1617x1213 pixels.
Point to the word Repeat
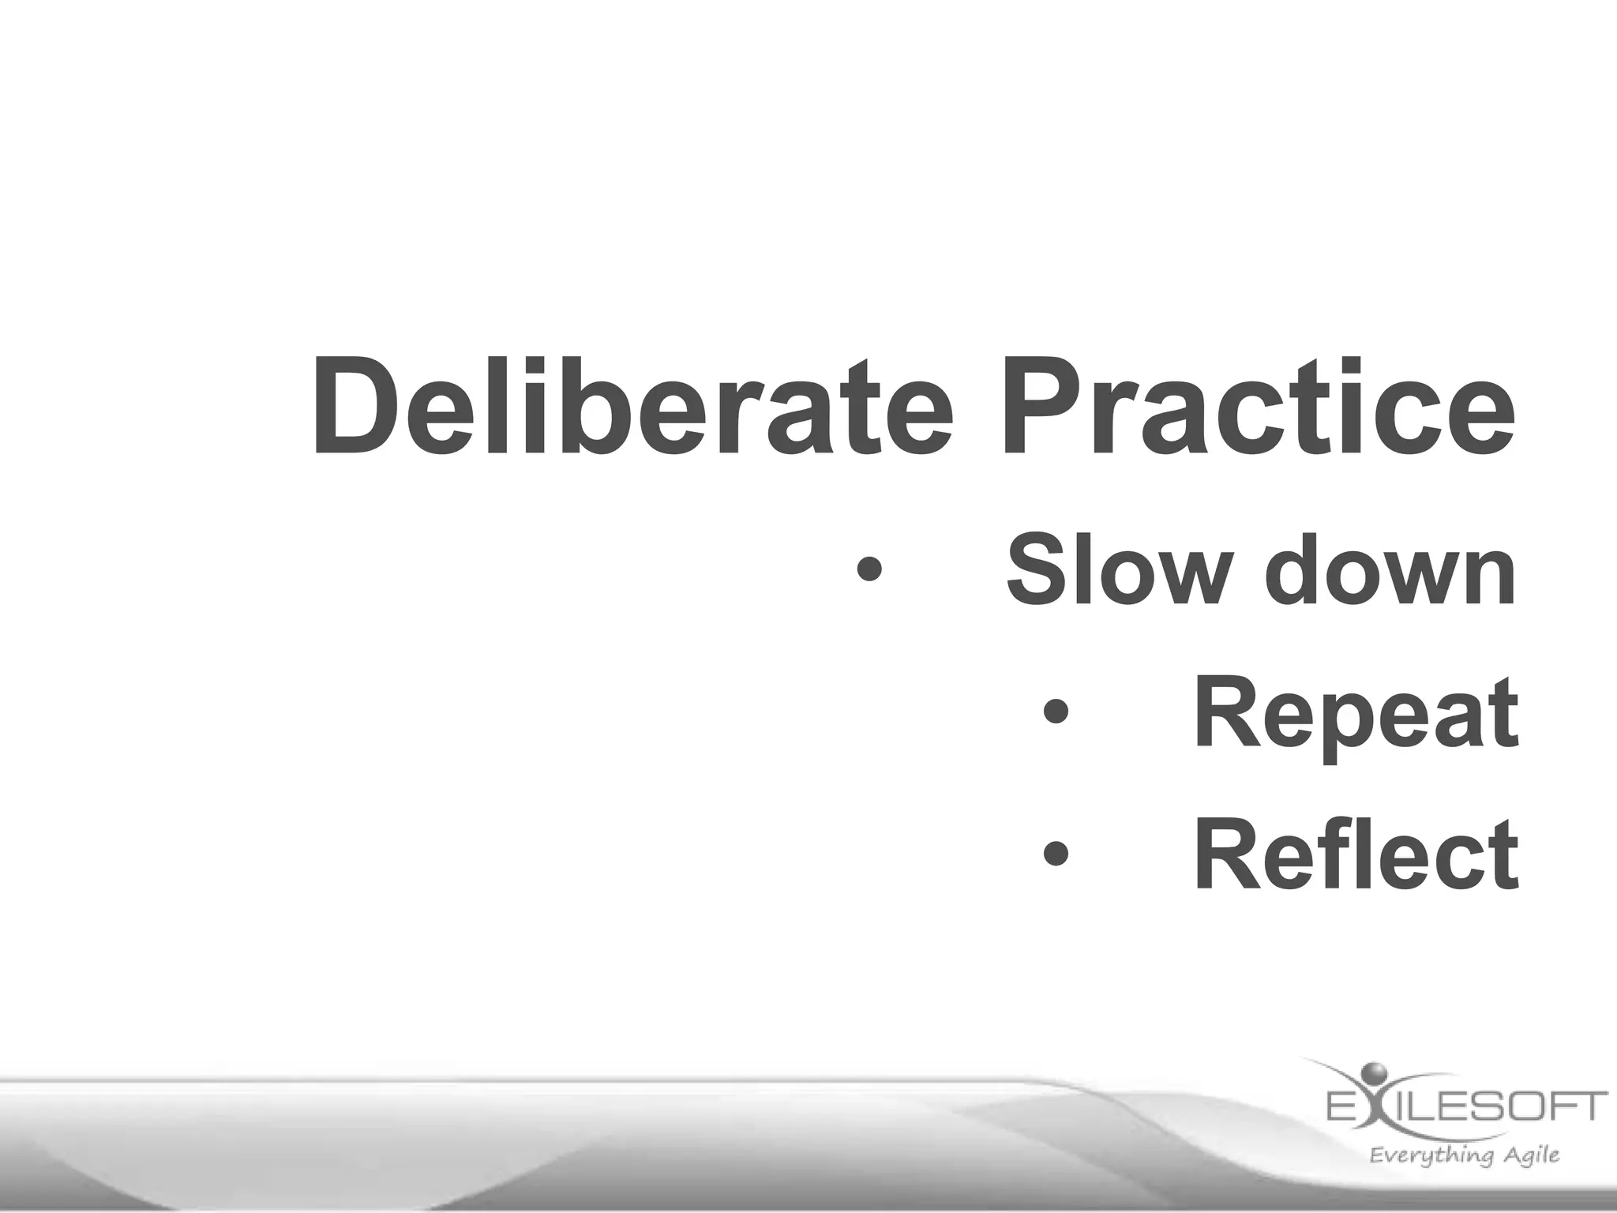point(1355,715)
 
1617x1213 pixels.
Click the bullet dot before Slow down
point(869,569)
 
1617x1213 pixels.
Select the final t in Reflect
point(1503,855)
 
